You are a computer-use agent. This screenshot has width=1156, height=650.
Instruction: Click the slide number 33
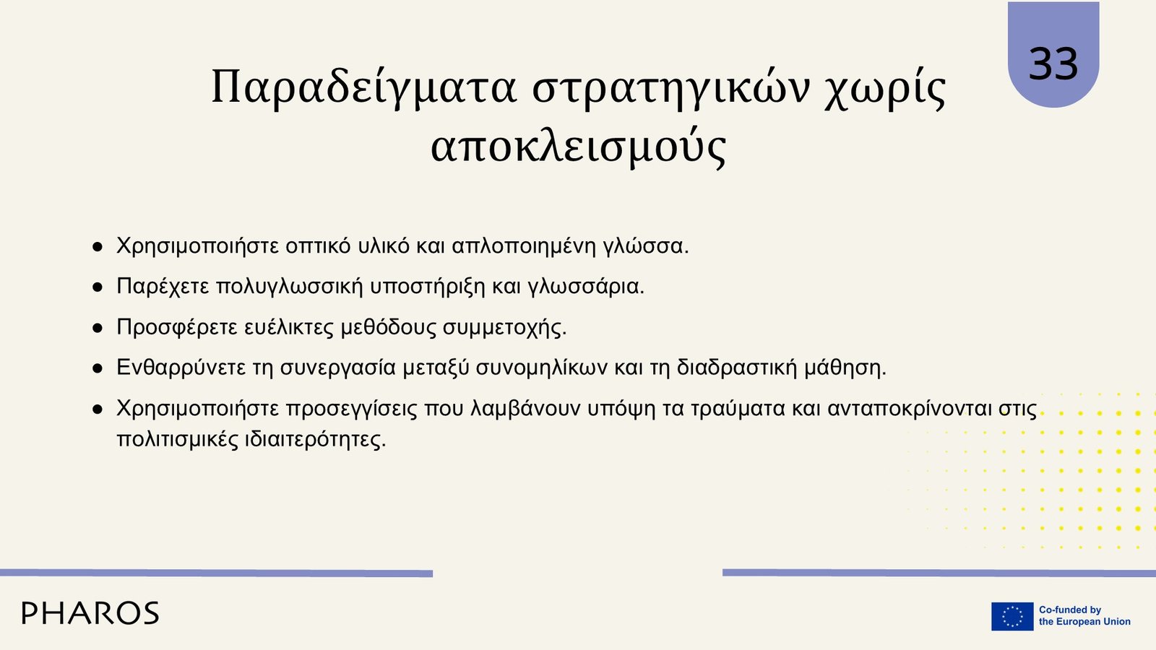pos(1053,64)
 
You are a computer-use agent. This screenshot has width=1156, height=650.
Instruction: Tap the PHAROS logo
pos(90,613)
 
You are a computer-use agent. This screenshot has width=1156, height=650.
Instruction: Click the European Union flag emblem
pos(1012,616)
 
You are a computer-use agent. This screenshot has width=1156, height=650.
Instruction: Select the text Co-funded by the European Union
pos(1084,616)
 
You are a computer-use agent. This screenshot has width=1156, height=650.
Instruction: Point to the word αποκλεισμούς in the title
pos(579,146)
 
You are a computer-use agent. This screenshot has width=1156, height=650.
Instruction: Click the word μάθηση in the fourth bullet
pos(845,368)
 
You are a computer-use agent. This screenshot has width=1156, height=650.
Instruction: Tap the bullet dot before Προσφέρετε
pos(98,328)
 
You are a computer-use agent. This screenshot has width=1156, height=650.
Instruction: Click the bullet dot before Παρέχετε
pos(98,288)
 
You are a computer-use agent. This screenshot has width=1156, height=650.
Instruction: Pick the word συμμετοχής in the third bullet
pos(505,328)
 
